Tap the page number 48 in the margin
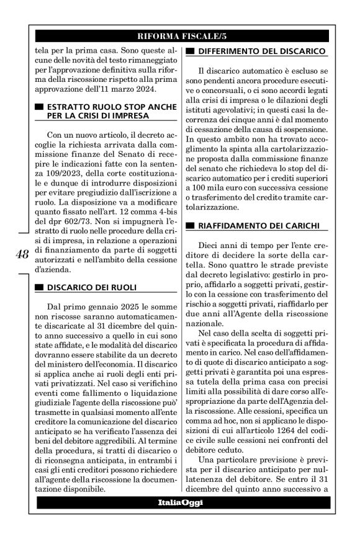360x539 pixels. [x=22, y=254]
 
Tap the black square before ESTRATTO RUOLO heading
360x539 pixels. [x=39, y=107]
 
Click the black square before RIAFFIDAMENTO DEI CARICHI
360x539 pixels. [x=191, y=224]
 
